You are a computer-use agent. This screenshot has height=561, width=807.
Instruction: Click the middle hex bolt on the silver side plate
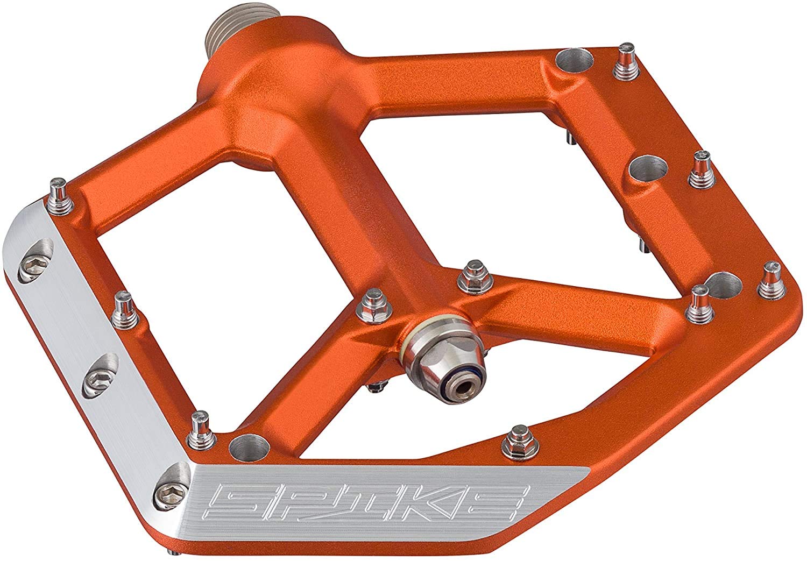coord(96,378)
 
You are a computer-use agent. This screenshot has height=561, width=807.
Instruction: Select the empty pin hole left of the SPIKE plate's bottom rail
coord(250,448)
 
